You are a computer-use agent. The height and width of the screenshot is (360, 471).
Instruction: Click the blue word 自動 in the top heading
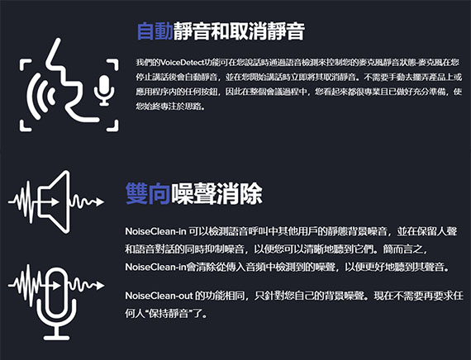pos(155,31)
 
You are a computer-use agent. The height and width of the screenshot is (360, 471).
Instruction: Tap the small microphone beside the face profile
pos(104,90)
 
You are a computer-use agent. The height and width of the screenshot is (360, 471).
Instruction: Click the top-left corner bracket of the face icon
pos(26,64)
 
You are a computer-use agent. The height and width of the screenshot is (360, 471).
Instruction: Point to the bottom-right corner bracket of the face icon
pos(113,126)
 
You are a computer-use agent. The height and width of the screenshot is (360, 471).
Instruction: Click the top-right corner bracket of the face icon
pos(113,64)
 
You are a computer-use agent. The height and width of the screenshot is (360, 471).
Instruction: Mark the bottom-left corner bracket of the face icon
pos(26,126)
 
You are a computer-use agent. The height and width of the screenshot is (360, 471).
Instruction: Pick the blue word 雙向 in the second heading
pos(148,194)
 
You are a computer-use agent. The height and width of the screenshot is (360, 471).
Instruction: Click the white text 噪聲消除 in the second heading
pos(216,194)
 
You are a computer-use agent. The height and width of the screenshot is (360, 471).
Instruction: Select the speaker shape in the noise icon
pos(55,201)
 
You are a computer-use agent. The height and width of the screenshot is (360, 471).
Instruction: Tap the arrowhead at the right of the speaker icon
pos(100,202)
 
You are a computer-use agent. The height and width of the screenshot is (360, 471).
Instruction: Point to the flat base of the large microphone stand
pos(56,338)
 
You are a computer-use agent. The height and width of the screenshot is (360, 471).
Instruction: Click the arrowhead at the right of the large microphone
pos(100,285)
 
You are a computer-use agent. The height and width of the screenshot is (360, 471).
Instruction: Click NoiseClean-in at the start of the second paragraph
pos(156,231)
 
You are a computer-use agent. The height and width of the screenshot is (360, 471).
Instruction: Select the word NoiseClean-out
pos(159,296)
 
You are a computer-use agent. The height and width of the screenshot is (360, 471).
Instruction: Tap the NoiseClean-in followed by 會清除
pos(156,267)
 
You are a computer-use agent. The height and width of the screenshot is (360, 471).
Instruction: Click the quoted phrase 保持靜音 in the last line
pos(167,314)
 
